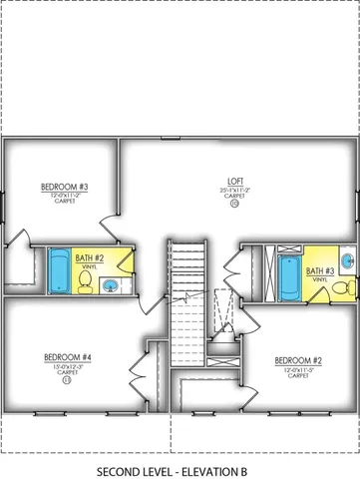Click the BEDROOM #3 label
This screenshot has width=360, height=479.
(x=65, y=187)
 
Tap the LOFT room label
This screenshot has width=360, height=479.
(x=234, y=183)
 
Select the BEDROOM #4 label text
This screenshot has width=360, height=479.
(x=68, y=357)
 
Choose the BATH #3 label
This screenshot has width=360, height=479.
(x=320, y=270)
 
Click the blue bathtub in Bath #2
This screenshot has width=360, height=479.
(x=59, y=268)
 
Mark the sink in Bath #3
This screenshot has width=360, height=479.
(x=345, y=261)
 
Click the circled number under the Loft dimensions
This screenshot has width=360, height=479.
(x=234, y=206)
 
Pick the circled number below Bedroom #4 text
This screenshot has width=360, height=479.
(x=67, y=379)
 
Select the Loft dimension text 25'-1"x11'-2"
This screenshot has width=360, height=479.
(x=234, y=190)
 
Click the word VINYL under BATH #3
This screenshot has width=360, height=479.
(x=319, y=280)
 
